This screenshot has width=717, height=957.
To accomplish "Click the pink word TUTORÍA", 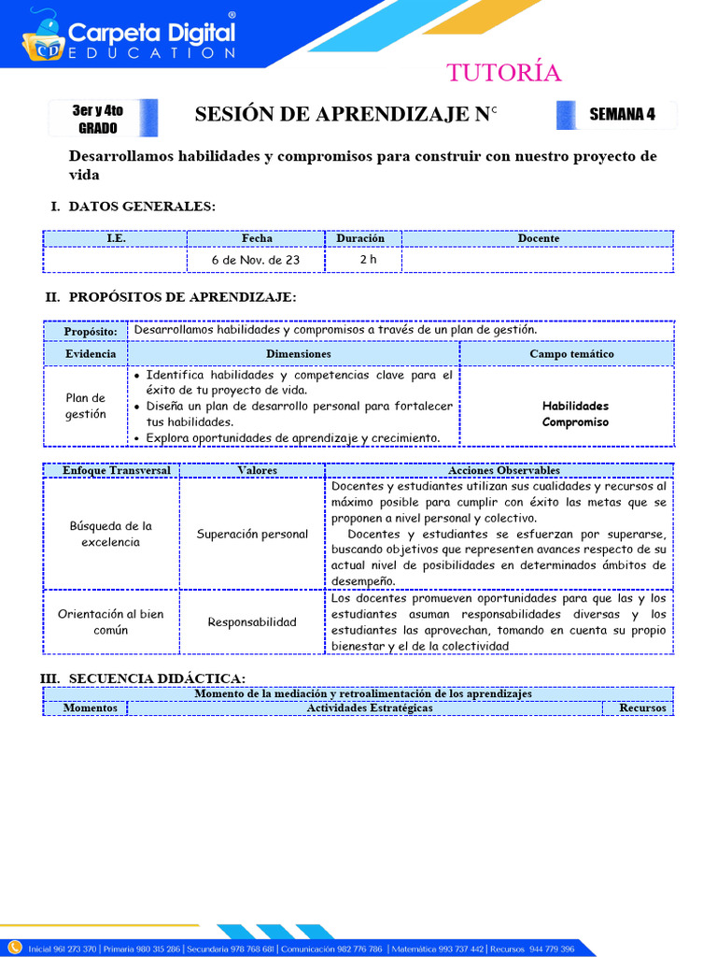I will click(503, 73).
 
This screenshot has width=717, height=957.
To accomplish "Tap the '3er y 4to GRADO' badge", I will click(98, 119).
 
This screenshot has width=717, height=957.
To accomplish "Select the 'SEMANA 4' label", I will click(622, 115).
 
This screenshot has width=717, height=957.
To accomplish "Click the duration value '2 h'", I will click(368, 260).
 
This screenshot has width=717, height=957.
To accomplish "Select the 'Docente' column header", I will click(539, 238).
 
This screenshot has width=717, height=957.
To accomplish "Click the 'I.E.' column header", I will click(116, 238).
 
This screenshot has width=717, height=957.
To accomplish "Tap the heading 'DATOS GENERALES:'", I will click(142, 207).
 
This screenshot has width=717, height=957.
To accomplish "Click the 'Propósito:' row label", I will click(91, 332).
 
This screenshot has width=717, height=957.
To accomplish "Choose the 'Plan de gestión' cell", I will click(86, 406).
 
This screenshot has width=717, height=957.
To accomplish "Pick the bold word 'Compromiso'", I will click(575, 422).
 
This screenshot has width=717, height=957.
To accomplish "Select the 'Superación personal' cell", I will click(252, 535).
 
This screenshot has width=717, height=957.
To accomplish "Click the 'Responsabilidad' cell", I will click(252, 622).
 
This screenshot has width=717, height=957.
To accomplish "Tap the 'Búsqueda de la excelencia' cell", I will click(111, 534).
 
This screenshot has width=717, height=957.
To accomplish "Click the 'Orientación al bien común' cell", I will click(111, 621).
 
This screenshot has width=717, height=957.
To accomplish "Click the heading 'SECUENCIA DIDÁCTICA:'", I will click(157, 678).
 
